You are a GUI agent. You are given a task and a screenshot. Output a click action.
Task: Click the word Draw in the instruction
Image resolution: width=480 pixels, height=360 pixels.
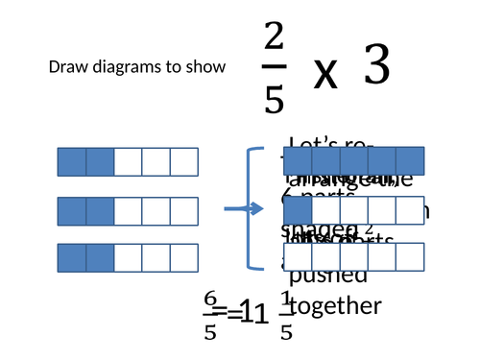(64, 67)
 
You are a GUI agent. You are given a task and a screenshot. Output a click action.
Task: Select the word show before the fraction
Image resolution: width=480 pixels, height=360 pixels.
(207, 67)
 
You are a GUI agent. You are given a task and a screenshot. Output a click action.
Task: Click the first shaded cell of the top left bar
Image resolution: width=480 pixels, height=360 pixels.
(72, 161)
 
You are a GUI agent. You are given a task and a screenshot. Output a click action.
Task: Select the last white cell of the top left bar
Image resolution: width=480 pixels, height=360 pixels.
(183, 161)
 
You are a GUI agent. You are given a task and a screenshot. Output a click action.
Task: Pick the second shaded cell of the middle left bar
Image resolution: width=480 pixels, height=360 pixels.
(100, 210)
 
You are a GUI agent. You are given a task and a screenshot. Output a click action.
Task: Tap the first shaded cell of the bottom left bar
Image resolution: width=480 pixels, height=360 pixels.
(72, 259)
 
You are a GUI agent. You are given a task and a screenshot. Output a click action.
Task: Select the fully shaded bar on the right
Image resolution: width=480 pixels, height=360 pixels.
(354, 161)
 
